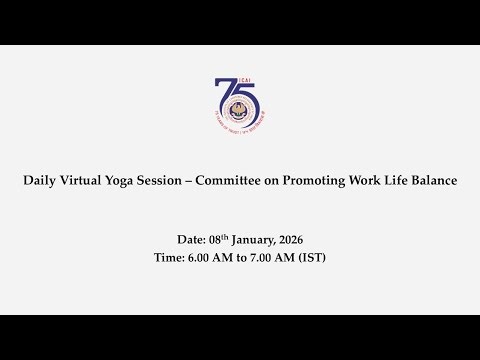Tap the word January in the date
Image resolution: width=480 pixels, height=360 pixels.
[x=259, y=240]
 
